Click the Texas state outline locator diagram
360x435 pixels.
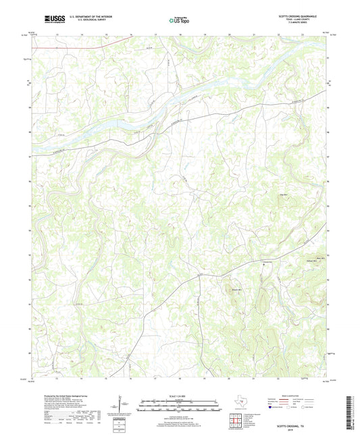pyautogui.click(x=237, y=401)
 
